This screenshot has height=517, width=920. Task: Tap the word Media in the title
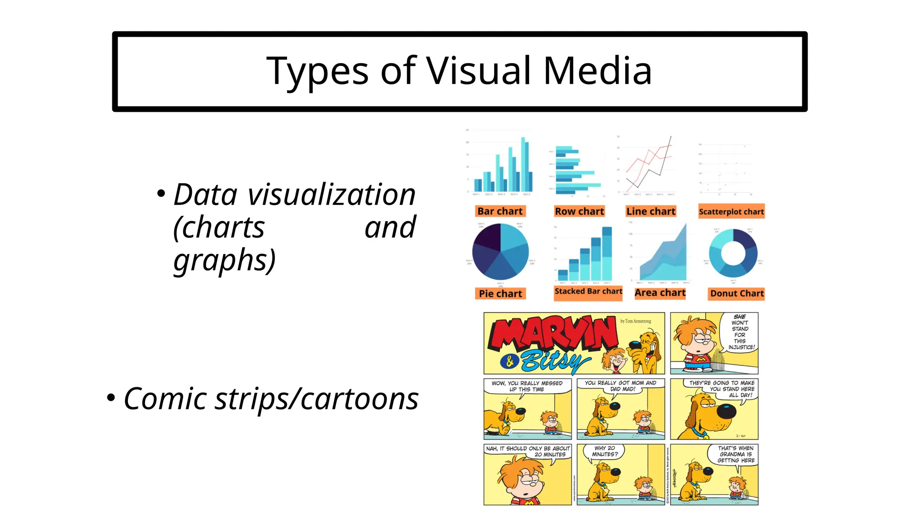pyautogui.click(x=597, y=71)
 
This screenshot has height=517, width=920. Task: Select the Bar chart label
pyautogui.click(x=500, y=211)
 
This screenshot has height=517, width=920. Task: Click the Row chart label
pyautogui.click(x=579, y=211)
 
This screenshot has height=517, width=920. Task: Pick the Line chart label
pyautogui.click(x=650, y=211)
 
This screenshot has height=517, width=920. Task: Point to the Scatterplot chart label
pyautogui.click(x=731, y=212)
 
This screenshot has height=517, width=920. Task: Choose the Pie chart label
pyautogui.click(x=500, y=294)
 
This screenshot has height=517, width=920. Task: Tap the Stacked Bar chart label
pyautogui.click(x=588, y=291)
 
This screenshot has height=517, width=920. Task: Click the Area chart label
pyautogui.click(x=660, y=293)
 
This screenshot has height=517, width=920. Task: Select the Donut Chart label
pyautogui.click(x=737, y=294)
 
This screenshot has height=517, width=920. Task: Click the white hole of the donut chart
pyautogui.click(x=733, y=254)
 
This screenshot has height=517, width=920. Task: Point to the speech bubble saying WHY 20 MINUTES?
pyautogui.click(x=605, y=451)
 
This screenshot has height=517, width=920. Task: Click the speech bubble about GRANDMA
pyautogui.click(x=735, y=454)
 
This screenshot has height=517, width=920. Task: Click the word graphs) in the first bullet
pyautogui.click(x=224, y=260)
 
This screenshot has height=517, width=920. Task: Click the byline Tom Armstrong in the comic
pyautogui.click(x=635, y=321)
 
